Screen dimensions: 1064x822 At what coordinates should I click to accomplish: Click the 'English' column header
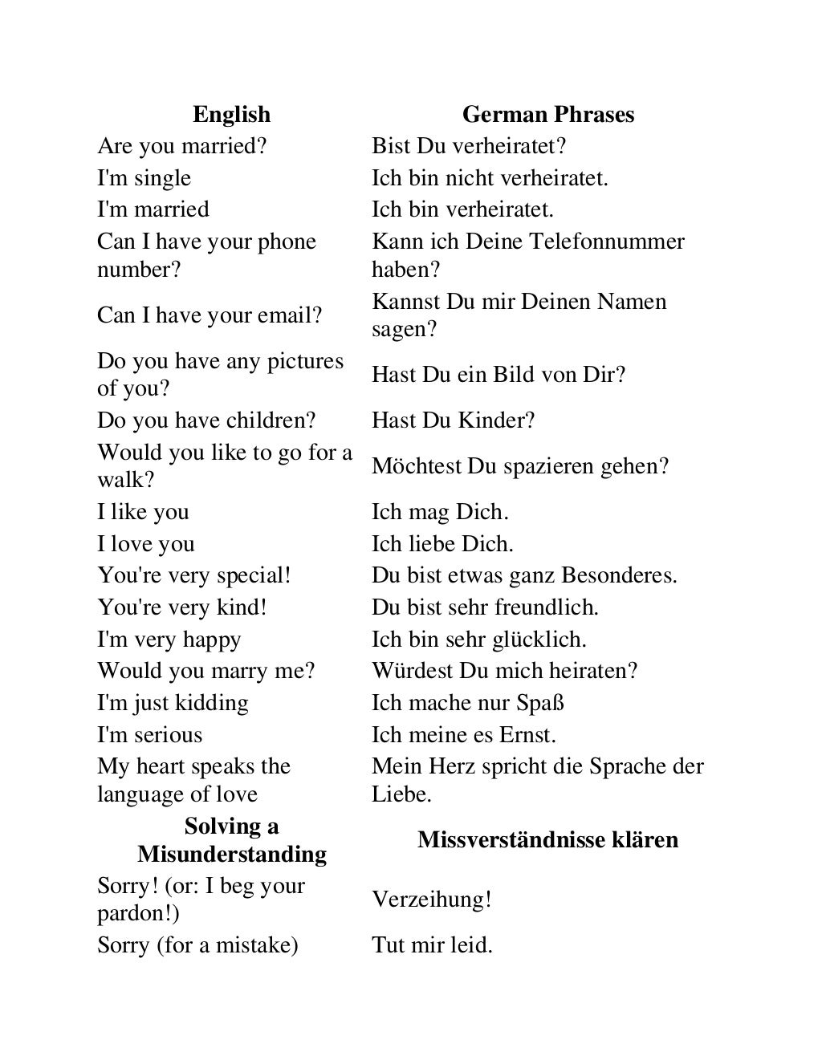(x=231, y=115)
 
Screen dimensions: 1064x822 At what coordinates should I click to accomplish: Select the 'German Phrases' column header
(x=548, y=115)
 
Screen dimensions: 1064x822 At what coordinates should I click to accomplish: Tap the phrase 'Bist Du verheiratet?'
(x=469, y=146)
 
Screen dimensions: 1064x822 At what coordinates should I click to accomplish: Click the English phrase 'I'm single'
(x=144, y=178)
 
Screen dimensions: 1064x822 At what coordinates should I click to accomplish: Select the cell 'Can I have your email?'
(x=210, y=315)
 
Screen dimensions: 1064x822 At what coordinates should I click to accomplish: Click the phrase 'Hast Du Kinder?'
(x=453, y=420)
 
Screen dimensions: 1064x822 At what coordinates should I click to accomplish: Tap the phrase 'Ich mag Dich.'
(x=440, y=512)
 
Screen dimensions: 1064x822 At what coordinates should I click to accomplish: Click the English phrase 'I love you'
(x=146, y=544)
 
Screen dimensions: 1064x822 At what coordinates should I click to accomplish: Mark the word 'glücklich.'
(x=540, y=640)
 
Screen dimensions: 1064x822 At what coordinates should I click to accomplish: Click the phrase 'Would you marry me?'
(x=206, y=671)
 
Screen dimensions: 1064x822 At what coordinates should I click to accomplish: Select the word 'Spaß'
(x=541, y=703)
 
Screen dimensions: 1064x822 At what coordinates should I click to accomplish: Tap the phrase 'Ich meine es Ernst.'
(x=463, y=735)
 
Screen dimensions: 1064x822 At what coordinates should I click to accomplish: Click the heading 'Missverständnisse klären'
(x=548, y=840)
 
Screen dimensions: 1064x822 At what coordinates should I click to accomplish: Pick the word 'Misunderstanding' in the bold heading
(x=232, y=854)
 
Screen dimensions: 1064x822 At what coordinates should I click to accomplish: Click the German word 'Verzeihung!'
(x=431, y=900)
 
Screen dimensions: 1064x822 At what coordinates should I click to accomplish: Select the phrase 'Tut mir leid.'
(x=432, y=945)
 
